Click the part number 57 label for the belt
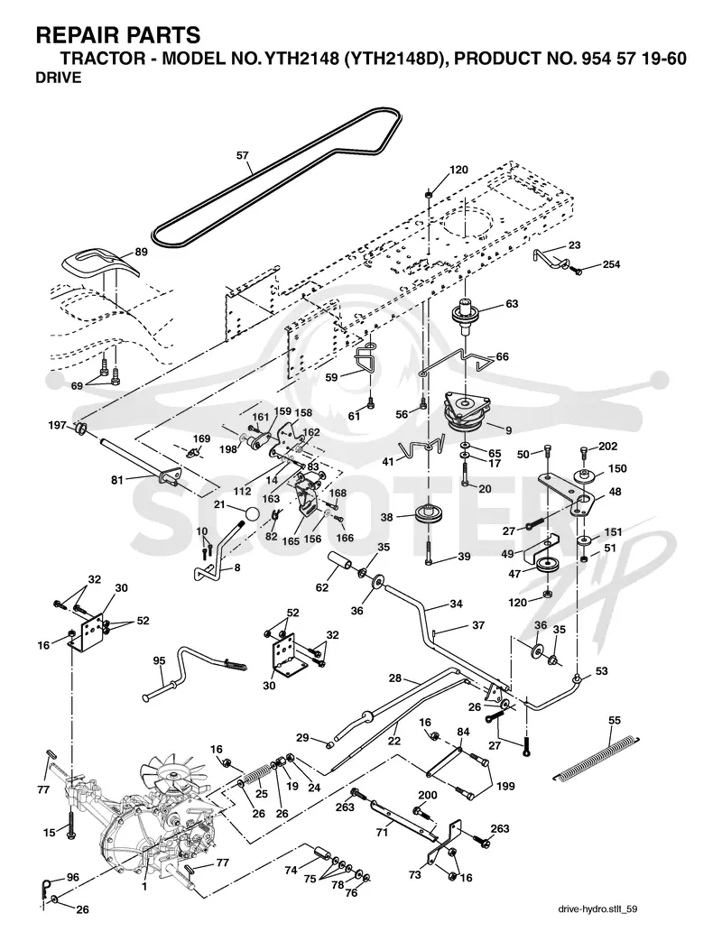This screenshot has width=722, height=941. click(x=242, y=155)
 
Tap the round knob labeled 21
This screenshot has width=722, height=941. click(x=253, y=515)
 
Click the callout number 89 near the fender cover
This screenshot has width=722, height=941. click(x=141, y=252)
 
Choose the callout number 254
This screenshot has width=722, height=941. click(x=611, y=264)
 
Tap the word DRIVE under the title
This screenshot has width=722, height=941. click(x=59, y=78)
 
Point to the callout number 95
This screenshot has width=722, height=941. click(x=159, y=660)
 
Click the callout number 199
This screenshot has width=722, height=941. click(x=505, y=786)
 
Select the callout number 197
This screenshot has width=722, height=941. click(x=58, y=425)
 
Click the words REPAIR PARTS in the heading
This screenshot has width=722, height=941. click(x=118, y=35)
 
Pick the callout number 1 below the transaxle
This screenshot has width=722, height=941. click(x=144, y=884)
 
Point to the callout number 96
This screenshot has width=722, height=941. click(x=72, y=877)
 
